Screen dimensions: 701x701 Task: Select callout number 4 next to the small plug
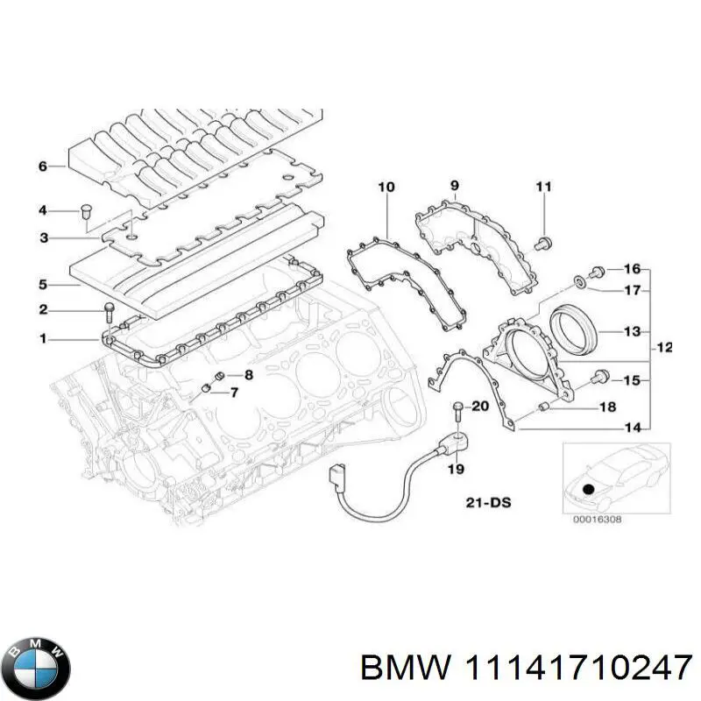(42, 210)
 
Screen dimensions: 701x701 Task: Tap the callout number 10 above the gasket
(386, 187)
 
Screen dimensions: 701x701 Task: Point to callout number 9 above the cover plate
(455, 185)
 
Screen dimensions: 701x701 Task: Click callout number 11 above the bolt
(543, 187)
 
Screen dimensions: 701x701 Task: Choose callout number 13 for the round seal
(632, 332)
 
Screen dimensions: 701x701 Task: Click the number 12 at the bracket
(663, 348)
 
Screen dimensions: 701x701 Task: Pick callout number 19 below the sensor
(456, 470)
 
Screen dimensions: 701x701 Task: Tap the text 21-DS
(489, 503)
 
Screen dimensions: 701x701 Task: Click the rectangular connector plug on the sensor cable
(336, 478)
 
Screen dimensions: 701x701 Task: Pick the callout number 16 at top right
(632, 269)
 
